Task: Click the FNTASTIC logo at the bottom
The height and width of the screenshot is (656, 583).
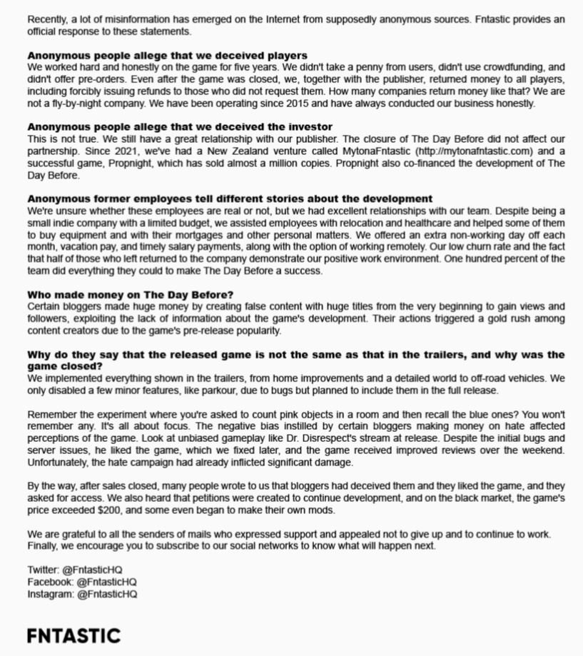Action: [73, 635]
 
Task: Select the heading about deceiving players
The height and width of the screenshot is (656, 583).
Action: [167, 55]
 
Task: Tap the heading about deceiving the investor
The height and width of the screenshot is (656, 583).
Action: [180, 127]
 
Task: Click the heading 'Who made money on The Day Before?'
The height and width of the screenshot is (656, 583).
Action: [130, 295]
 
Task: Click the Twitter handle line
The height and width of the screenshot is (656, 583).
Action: [75, 570]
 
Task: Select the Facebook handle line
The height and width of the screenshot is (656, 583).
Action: [82, 582]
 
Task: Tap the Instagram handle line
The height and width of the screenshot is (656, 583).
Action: [82, 594]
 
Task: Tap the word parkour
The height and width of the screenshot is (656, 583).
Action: [231, 390]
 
